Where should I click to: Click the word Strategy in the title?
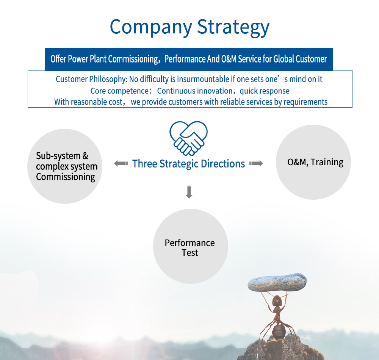(x=233, y=27)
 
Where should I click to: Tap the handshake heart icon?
(x=188, y=138)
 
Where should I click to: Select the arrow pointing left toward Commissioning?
(x=121, y=164)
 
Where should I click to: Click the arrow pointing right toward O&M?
(x=256, y=164)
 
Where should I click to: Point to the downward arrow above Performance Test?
(x=189, y=192)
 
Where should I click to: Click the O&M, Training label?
(x=315, y=162)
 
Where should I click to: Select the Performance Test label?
(x=190, y=248)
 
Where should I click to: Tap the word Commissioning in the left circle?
(x=66, y=177)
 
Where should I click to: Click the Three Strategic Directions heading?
(x=188, y=164)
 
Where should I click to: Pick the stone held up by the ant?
(x=277, y=282)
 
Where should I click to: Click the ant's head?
(x=277, y=301)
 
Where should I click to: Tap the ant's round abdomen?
(x=279, y=331)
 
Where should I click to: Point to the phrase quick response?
(x=265, y=91)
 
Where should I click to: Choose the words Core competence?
(x=119, y=91)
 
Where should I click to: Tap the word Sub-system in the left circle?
(x=58, y=156)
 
